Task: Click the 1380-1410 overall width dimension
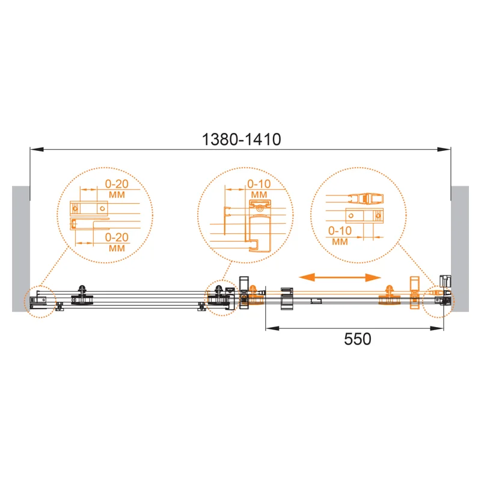pos(242,139)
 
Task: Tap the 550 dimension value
pos(357,339)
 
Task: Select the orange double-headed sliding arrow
pos(340,277)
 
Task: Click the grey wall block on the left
pos(21,249)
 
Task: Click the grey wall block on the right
pos(460,249)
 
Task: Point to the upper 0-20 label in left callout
pos(117,184)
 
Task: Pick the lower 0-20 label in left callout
pos(117,237)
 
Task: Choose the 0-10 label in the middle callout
pos(259,184)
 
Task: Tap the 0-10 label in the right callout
pos(340,231)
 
